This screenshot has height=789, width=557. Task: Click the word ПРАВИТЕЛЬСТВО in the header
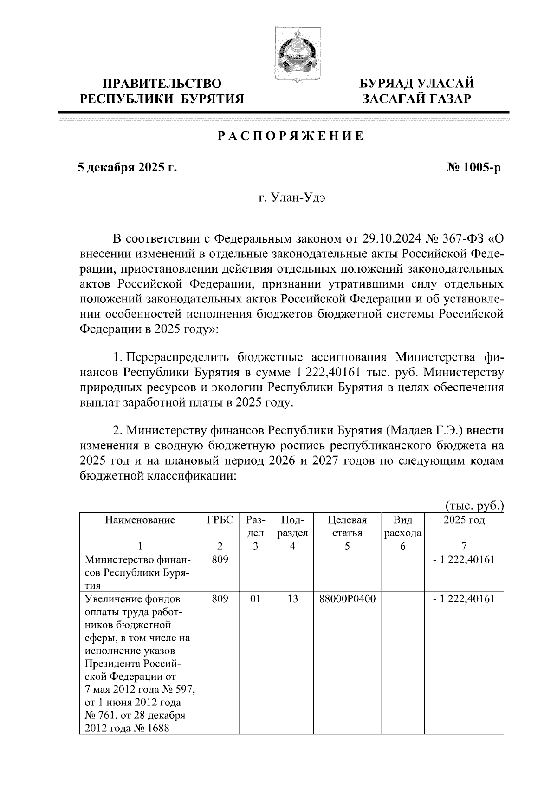tap(162, 84)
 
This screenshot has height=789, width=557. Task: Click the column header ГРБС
tap(220, 520)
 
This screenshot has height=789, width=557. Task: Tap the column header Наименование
tap(140, 520)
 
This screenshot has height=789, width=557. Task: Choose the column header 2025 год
tap(464, 520)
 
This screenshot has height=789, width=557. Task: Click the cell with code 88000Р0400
tap(347, 599)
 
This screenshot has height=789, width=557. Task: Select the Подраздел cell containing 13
tap(292, 599)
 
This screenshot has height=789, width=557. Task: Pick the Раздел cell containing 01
tap(255, 599)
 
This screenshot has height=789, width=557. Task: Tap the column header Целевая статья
tap(347, 526)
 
